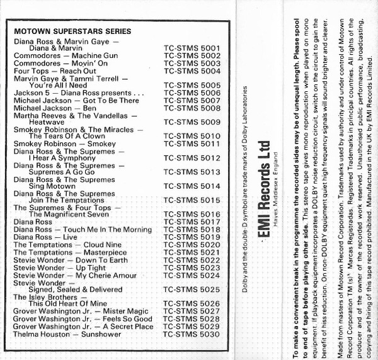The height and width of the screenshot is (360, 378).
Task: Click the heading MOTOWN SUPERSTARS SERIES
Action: (72, 31)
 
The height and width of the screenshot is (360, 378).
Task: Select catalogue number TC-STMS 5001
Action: (192, 48)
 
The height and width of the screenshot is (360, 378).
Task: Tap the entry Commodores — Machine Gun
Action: (66, 56)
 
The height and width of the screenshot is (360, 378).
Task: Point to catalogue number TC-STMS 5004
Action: (192, 71)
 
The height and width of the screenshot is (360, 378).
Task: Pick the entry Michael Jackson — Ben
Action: (56, 108)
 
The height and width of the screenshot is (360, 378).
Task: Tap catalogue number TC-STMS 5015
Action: (192, 200)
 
